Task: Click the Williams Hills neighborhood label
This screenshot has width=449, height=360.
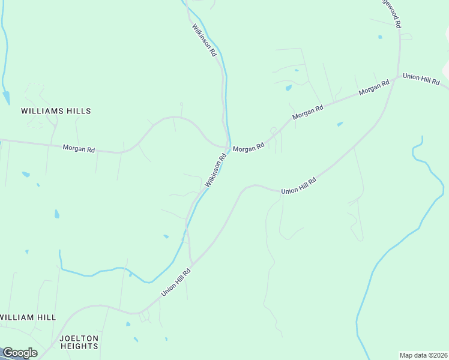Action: coord(56,111)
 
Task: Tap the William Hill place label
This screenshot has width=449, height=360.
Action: coord(28,317)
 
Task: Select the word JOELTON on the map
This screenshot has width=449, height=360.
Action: coord(79,338)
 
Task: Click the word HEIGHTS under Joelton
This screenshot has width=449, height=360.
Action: coord(79,347)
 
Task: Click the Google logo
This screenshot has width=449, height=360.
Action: coord(19,353)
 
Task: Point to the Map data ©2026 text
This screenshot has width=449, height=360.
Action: coord(423,355)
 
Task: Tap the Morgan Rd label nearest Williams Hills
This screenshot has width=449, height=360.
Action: coord(79,148)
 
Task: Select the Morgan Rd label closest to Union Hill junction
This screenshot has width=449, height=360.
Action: coord(374,88)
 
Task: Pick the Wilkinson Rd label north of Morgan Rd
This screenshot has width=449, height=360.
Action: coord(204,40)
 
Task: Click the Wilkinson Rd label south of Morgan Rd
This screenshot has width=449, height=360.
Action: coord(215,170)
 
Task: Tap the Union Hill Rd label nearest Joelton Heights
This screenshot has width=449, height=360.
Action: coord(175,282)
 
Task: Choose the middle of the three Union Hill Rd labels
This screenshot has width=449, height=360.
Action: coord(298,184)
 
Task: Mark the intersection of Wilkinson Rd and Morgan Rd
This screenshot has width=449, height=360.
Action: coord(228,146)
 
